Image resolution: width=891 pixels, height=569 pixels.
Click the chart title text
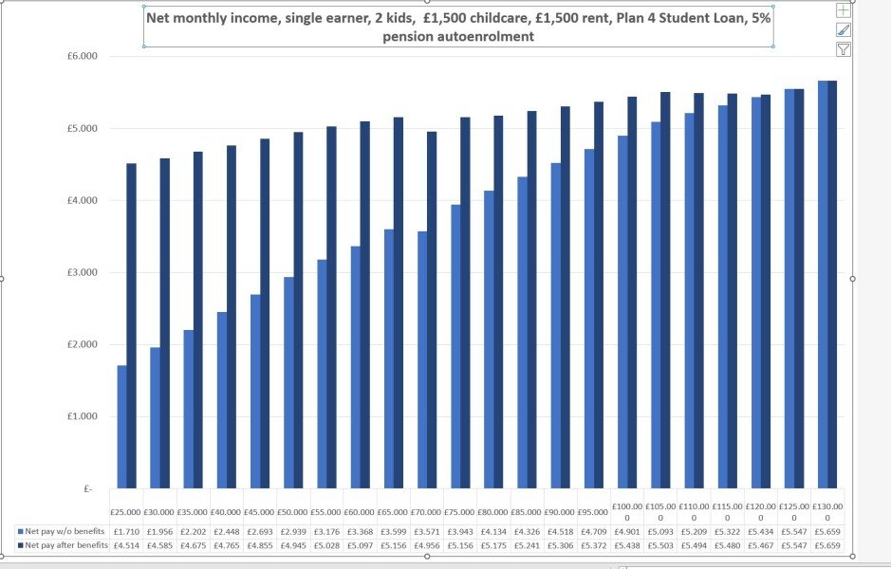(x=458, y=27)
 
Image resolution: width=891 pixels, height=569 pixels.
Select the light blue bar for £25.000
(x=121, y=427)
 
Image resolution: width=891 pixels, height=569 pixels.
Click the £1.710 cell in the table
(x=126, y=532)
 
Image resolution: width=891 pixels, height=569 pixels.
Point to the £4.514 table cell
(x=126, y=545)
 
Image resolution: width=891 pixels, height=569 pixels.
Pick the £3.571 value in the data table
(x=426, y=532)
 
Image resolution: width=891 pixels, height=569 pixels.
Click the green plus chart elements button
(x=843, y=10)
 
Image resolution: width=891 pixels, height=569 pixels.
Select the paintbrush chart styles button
(x=843, y=30)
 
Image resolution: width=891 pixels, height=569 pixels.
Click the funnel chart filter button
(x=843, y=49)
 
